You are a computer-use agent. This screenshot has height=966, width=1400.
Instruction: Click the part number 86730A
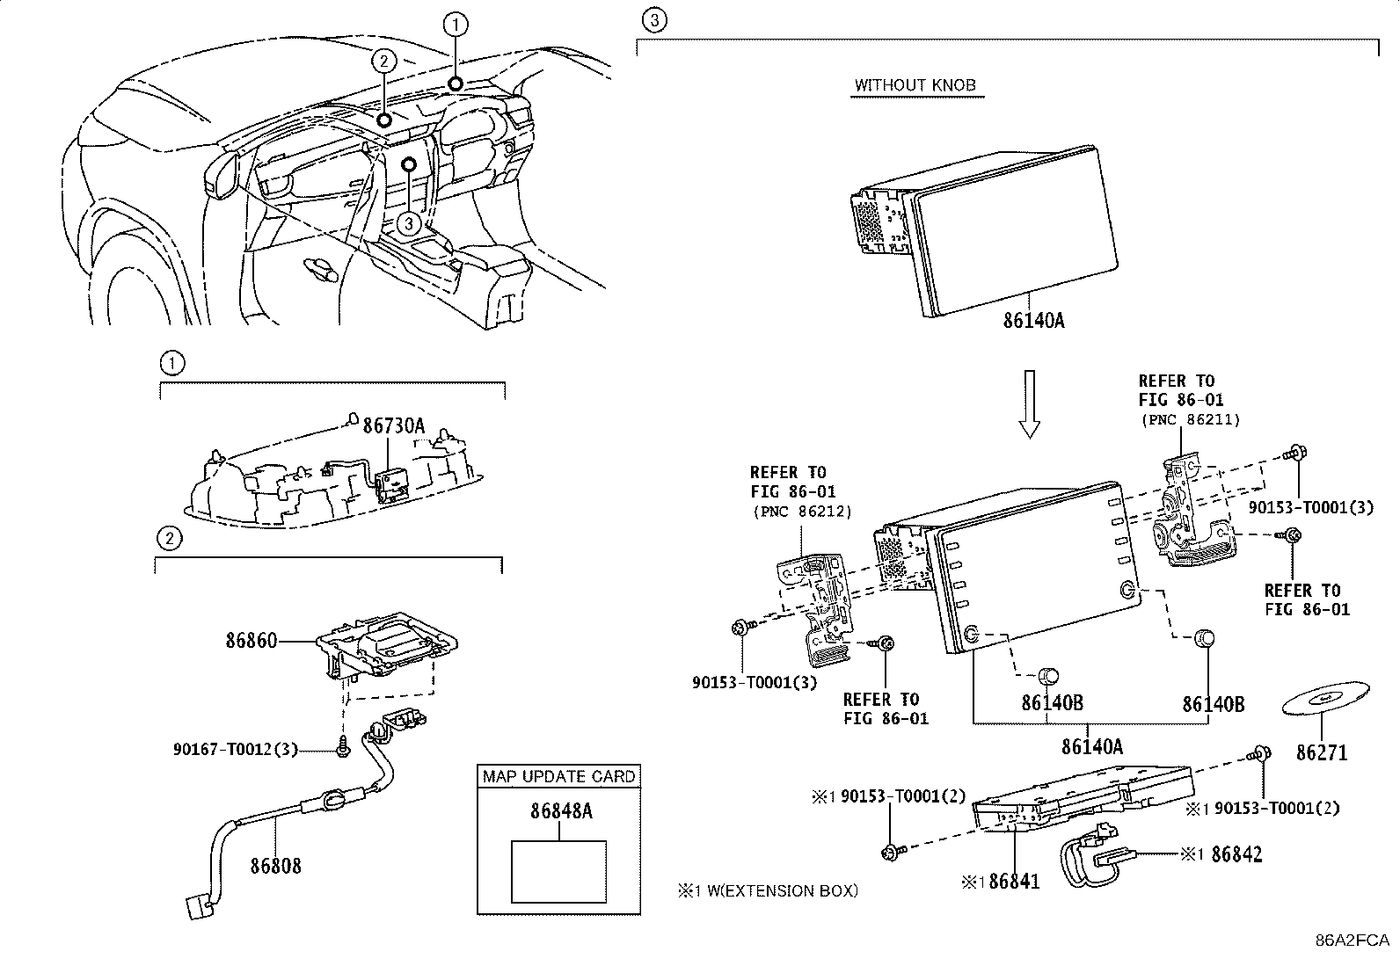(394, 426)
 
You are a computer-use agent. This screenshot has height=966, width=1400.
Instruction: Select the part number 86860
(252, 641)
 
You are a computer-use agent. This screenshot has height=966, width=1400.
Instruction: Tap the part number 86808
(275, 866)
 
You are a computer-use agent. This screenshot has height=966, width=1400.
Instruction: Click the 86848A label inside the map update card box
(561, 811)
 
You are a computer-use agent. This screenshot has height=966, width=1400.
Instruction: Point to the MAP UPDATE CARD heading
(558, 777)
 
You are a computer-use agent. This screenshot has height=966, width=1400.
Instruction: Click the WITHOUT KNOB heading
(915, 85)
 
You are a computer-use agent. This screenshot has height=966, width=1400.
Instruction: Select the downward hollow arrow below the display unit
(1030, 404)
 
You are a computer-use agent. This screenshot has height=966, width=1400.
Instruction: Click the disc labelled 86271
(1325, 699)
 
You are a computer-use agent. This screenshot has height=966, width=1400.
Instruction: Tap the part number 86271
(1322, 752)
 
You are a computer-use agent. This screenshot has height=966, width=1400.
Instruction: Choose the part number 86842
(1237, 854)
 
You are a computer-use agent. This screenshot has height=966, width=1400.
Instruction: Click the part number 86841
(1014, 882)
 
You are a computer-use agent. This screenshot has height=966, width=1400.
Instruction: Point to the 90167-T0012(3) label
(236, 749)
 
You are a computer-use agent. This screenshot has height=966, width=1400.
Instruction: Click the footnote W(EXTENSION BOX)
(783, 891)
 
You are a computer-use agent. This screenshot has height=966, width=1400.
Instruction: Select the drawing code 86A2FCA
(1353, 941)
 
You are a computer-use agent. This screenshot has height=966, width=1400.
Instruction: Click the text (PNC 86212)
(803, 512)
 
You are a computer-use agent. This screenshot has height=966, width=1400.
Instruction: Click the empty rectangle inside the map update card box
(558, 872)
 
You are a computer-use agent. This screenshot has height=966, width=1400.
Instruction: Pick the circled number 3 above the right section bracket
(654, 20)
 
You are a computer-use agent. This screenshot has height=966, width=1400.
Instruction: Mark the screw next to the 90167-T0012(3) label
(342, 746)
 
